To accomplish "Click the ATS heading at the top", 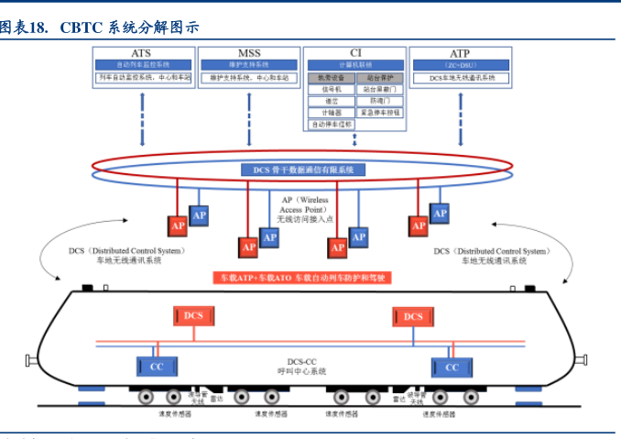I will [x=141, y=54].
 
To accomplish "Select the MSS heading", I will [x=248, y=54].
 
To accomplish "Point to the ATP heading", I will [x=460, y=54].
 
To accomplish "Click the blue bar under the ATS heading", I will [x=142, y=65].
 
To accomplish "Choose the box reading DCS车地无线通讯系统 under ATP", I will [x=462, y=79].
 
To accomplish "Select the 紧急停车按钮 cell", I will [x=379, y=112].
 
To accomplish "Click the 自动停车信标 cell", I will [x=331, y=123].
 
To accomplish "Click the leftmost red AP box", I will [x=178, y=225].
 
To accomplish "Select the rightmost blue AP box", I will [x=440, y=213].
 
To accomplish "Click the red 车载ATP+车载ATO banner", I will [x=301, y=277].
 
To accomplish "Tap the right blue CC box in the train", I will [x=452, y=367].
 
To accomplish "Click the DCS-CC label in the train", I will [x=301, y=366].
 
